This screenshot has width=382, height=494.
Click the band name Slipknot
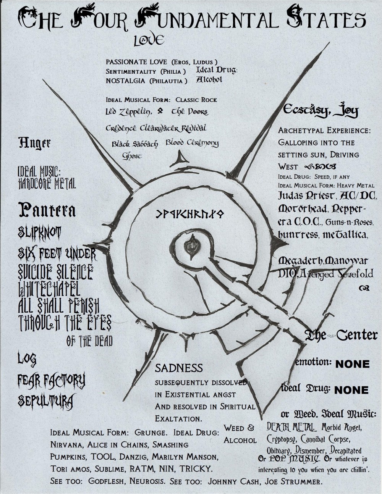pyautogui.click(x=40, y=232)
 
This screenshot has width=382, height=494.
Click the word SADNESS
pyautogui.click(x=179, y=368)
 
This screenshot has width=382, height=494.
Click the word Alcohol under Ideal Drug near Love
pyautogui.click(x=209, y=80)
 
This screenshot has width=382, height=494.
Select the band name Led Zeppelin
pyautogui.click(x=129, y=112)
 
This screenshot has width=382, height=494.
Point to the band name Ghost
pyautogui.click(x=132, y=156)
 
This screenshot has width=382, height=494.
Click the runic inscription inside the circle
pyautogui.click(x=190, y=214)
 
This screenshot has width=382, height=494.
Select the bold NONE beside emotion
pyautogui.click(x=352, y=364)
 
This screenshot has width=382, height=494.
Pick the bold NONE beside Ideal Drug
pyautogui.click(x=351, y=390)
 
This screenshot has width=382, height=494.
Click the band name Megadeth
pyautogui.click(x=301, y=261)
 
